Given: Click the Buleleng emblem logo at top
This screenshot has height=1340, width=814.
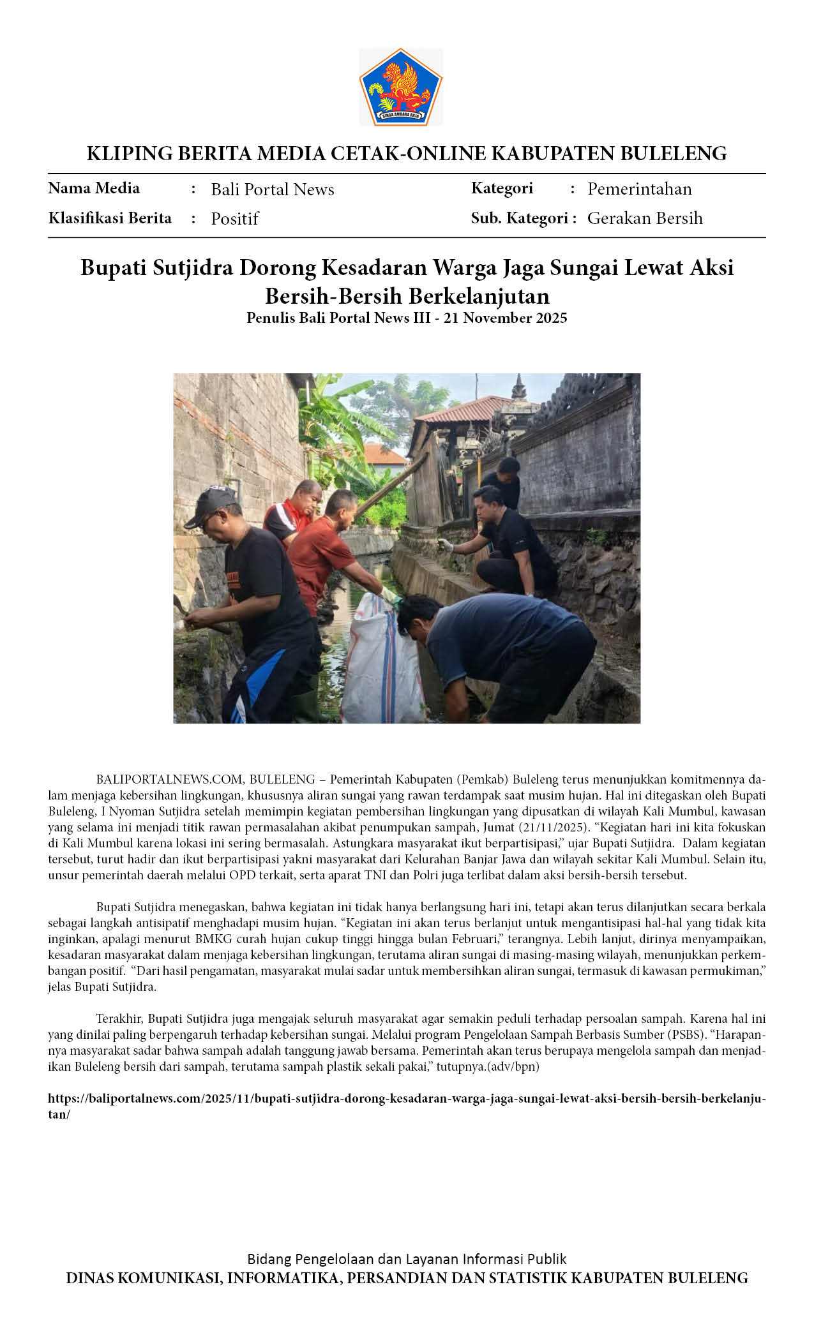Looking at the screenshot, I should tap(401, 87).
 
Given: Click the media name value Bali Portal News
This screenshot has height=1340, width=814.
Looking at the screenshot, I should tap(273, 190).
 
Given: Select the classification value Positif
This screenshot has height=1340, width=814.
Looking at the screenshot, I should tap(234, 219).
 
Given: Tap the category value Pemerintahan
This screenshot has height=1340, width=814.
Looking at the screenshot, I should tap(639, 189).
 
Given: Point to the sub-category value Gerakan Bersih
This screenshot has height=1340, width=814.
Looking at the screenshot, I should tap(645, 218).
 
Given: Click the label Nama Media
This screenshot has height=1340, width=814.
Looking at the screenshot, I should tap(94, 188).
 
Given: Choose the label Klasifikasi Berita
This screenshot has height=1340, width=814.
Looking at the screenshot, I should tap(110, 218).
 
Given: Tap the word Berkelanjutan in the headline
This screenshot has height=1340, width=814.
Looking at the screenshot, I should tap(479, 296).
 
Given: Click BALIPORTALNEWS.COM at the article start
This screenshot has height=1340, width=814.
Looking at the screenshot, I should tap(170, 779).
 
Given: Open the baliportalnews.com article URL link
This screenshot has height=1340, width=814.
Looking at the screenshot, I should tap(406, 1099).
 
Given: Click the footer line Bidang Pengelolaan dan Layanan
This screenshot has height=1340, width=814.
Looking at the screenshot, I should tap(407, 1259).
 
